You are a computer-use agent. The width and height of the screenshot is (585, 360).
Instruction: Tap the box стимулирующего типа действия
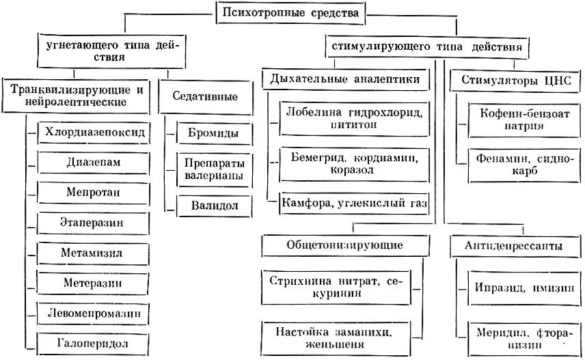coord(426,49)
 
